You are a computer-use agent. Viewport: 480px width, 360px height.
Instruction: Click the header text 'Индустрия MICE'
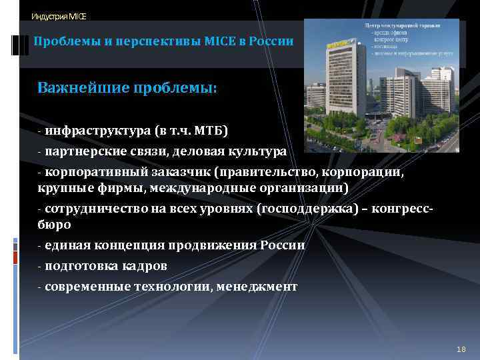tap(59, 16)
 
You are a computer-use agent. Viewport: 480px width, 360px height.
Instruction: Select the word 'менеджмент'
tap(257, 287)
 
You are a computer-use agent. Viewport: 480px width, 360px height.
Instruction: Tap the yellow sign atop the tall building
tap(338, 44)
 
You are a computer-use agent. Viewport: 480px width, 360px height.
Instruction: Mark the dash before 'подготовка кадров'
tap(40, 266)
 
